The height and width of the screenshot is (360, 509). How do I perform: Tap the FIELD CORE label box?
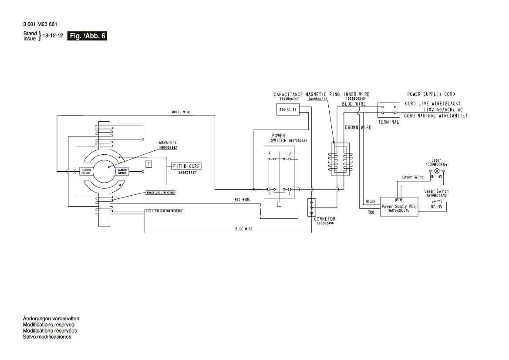(x=187, y=166)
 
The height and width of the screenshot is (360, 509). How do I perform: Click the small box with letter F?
(x=149, y=164)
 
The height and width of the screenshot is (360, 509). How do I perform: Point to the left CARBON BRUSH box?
(x=86, y=171)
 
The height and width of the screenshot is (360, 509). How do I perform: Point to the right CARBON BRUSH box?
(x=122, y=171)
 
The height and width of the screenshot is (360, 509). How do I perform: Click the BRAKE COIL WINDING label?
(x=160, y=192)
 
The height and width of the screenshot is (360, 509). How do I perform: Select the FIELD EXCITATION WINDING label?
(x=164, y=211)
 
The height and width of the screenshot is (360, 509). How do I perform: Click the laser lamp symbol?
(x=437, y=172)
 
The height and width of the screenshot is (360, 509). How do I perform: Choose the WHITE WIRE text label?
(x=181, y=112)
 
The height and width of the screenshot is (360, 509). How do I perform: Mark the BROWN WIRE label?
(x=358, y=128)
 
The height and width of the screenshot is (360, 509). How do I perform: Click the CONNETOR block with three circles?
(x=311, y=208)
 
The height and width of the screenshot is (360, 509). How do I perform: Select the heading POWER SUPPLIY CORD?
(x=431, y=94)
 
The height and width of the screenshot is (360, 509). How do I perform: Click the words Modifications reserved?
(x=48, y=325)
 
